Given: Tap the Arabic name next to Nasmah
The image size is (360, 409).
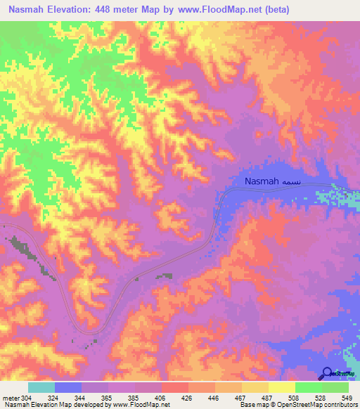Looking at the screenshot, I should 293,182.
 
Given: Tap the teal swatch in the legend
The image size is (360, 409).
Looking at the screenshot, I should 41,387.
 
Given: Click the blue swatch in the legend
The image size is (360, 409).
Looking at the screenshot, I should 68,387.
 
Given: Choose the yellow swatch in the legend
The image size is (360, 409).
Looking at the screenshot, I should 281,387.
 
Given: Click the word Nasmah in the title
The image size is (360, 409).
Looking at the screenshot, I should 30,10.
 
